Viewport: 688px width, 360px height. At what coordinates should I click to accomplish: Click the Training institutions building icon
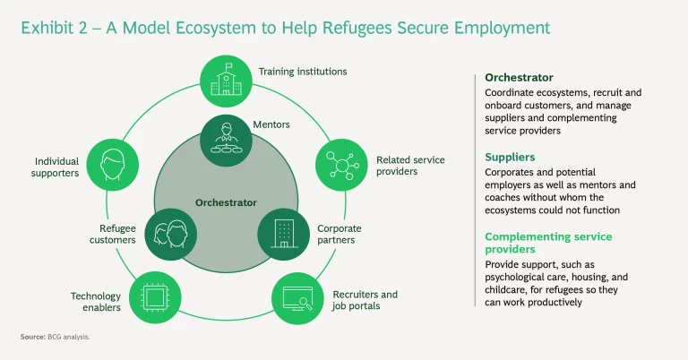point(227,79)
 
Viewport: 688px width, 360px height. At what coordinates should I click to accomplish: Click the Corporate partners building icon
point(283,234)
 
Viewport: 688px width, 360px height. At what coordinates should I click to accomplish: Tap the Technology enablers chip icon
point(155,296)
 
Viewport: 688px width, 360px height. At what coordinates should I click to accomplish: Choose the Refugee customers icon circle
point(169,234)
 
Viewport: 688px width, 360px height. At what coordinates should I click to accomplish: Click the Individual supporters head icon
point(112,167)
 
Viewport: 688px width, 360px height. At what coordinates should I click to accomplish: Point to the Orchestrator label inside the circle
point(227,202)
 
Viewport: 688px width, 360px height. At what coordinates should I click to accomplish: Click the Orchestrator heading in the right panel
point(519,77)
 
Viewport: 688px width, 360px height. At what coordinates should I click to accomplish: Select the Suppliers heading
point(510,157)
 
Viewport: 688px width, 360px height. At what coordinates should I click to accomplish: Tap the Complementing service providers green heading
point(548,244)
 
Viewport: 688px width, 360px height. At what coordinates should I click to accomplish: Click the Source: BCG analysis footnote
point(55,336)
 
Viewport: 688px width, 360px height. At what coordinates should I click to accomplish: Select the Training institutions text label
point(302,71)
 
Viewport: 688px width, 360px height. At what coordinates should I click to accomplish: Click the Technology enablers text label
point(97,302)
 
